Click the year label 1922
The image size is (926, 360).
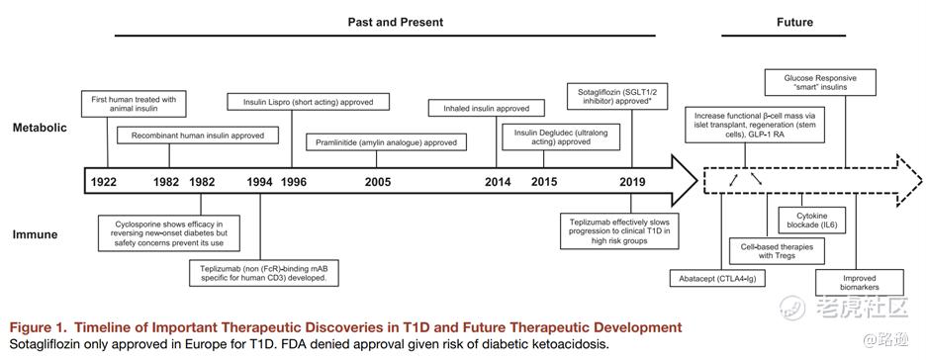pos(104,182)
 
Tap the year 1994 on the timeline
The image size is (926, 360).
pos(260,182)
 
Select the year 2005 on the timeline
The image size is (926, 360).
pos(377,182)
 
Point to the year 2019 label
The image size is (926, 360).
pos(632,182)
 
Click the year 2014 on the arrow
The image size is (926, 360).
pos(498,182)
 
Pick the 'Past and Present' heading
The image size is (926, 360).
pos(395,23)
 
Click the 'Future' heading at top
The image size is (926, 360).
pos(794,23)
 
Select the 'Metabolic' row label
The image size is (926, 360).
pos(39,127)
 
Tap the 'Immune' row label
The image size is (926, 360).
pos(36,234)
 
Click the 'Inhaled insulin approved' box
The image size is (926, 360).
pos(486,109)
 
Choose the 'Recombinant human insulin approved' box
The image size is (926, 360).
pos(197,135)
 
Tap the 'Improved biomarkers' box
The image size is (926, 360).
pos(860,282)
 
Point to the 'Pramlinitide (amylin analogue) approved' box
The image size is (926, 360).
pos(386,142)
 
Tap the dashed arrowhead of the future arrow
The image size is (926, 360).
pos(909,181)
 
